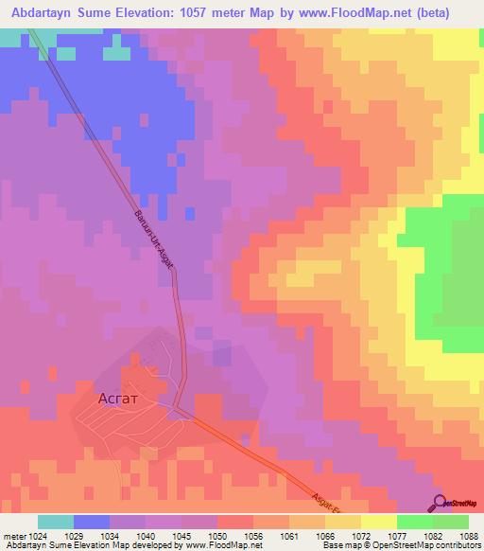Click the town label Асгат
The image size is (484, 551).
pyautogui.click(x=121, y=399)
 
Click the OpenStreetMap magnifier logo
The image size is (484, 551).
pyautogui.click(x=440, y=502)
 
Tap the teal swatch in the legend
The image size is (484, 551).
pyautogui.click(x=56, y=521)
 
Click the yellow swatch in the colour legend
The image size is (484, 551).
pyautogui.click(x=379, y=521)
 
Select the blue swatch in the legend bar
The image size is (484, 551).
pyautogui.click(x=92, y=521)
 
